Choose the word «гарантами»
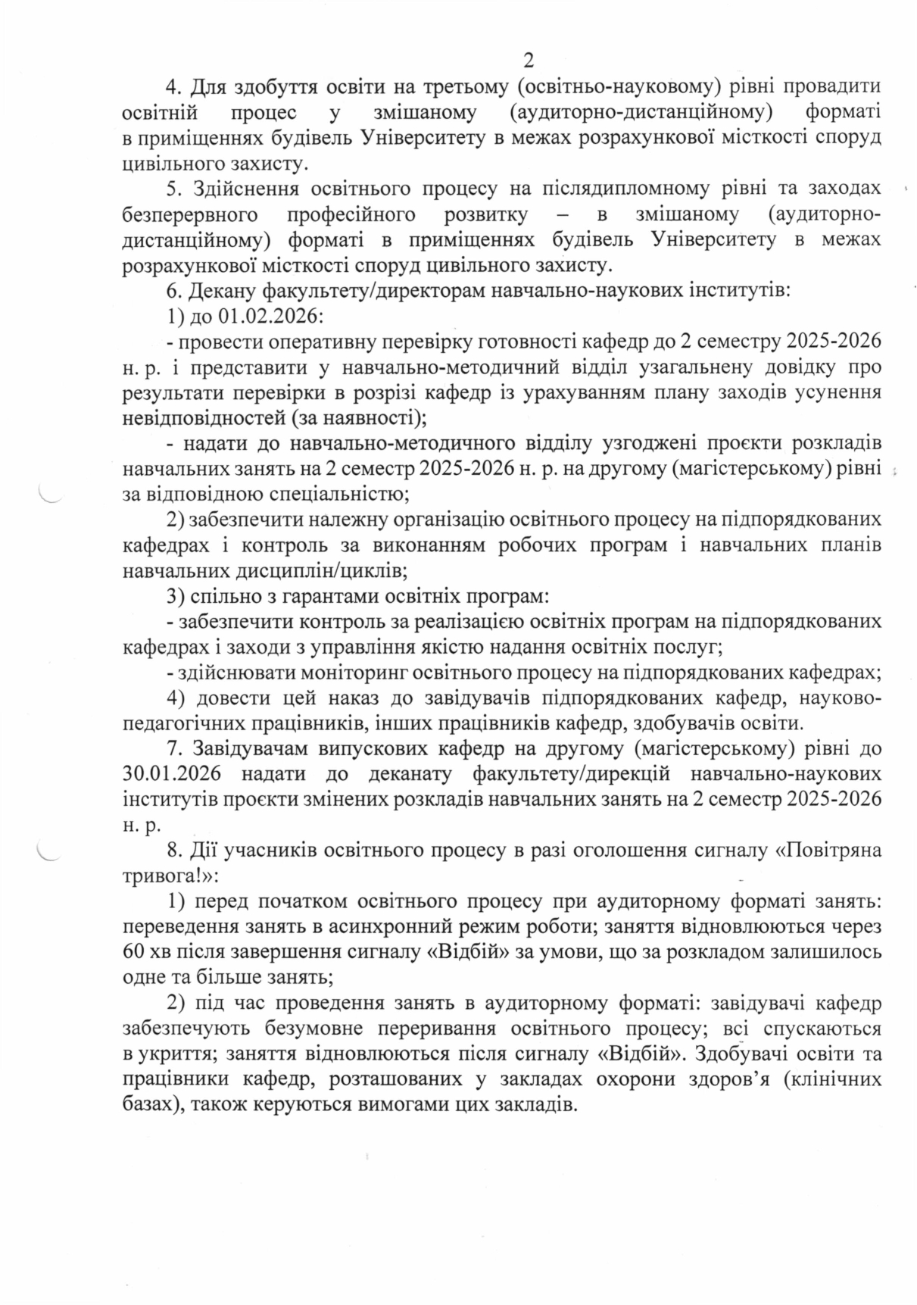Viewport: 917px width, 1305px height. tap(317, 596)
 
